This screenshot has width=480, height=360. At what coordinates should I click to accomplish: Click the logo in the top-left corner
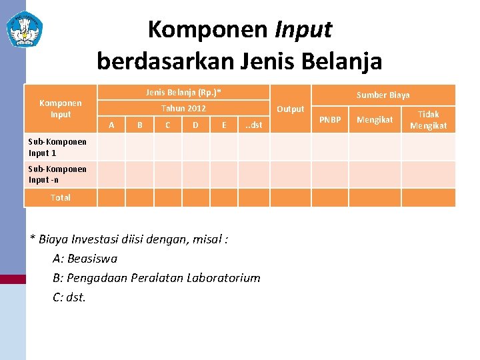[x=25, y=29]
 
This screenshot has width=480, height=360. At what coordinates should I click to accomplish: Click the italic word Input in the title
[x=303, y=29]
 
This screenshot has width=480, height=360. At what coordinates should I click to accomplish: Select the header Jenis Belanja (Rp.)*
[x=183, y=92]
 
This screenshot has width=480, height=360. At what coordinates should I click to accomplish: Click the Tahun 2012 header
[x=183, y=108]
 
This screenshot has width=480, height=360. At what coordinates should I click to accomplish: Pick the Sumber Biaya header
[x=383, y=95]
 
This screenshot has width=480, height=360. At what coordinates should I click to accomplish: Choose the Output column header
[x=290, y=109]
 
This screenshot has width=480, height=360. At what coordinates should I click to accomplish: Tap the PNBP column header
[x=330, y=120]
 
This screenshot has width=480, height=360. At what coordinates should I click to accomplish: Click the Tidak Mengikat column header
[x=428, y=120]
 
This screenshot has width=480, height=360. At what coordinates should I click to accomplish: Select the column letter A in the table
[x=111, y=125]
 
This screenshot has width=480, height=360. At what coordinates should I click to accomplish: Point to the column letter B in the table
[x=139, y=125]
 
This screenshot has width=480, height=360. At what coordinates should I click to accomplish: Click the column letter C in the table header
[x=167, y=125]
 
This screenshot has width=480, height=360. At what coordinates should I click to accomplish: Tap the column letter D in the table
[x=195, y=125]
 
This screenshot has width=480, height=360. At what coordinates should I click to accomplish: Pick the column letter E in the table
[x=224, y=125]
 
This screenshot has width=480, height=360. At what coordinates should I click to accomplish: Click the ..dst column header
[x=254, y=125]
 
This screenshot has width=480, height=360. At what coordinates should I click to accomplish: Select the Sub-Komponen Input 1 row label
[x=57, y=147]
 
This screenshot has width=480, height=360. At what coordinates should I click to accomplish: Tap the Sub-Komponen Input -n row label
[x=57, y=174]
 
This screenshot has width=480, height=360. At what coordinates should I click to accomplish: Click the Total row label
[x=60, y=197]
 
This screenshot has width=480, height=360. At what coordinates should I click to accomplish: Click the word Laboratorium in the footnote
[x=225, y=278]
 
